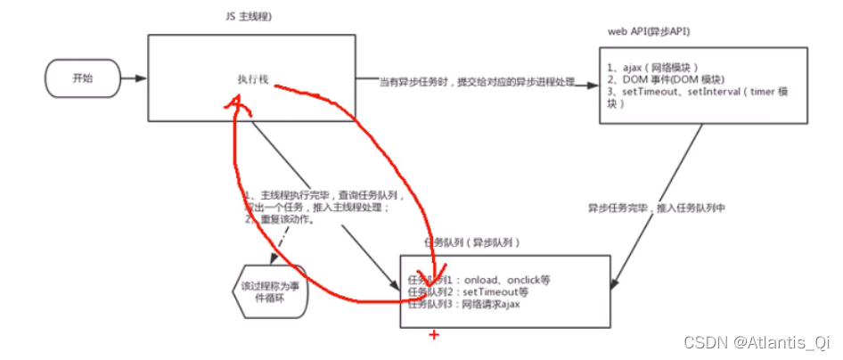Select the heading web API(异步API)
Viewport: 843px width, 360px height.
pyautogui.click(x=650, y=32)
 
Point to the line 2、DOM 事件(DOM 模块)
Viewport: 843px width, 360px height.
pyautogui.click(x=660, y=79)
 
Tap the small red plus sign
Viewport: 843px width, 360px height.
pyautogui.click(x=435, y=335)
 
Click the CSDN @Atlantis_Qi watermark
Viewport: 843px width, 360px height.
pyautogui.click(x=763, y=341)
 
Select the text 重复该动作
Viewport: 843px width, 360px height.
pyautogui.click(x=284, y=219)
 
